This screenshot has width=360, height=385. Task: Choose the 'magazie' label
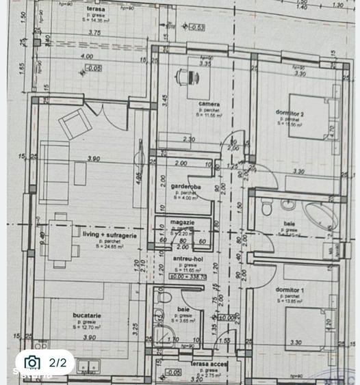click(x=183, y=222)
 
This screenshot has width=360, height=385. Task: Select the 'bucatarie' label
click(x=87, y=315)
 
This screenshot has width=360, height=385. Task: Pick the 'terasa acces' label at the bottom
click(x=208, y=365)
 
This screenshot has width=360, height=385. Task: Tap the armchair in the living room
click(x=73, y=124)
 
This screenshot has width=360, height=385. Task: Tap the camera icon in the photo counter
click(x=32, y=362)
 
